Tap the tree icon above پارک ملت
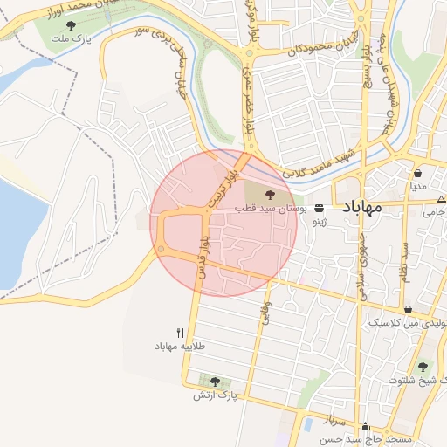(x=71, y=25)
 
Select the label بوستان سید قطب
(x=271, y=210)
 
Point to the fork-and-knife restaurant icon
(x=180, y=333)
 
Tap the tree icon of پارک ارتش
(x=216, y=382)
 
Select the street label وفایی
(x=265, y=313)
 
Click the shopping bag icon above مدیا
(x=418, y=172)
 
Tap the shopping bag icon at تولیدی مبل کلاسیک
(x=409, y=309)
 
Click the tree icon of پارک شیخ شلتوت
(x=423, y=367)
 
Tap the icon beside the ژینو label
(x=320, y=209)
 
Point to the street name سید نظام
(x=404, y=254)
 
